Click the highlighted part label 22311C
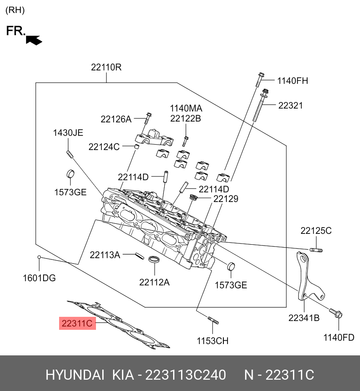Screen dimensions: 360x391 click(77, 324)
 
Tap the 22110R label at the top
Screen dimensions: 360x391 click(106, 67)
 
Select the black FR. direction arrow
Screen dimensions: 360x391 click(34, 40)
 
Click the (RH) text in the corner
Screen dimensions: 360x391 click(15, 10)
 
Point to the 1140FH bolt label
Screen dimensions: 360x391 click(293, 81)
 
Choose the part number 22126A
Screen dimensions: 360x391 click(116, 119)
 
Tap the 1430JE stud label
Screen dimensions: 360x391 click(68, 133)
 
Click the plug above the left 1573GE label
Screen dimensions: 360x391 click(70, 173)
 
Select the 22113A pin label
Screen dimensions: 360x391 click(105, 255)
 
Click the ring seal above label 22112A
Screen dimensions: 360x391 click(154, 259)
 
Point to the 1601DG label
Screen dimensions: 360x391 click(39, 278)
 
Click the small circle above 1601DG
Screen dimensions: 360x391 click(39, 257)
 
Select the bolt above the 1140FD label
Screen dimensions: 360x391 click(336, 313)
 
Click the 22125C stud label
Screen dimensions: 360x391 click(316, 230)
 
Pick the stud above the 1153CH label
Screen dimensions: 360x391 click(213, 320)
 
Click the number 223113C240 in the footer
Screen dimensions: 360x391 click(186, 375)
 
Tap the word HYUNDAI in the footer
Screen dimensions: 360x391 click(75, 375)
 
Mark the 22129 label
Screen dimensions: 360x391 click(226, 199)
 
